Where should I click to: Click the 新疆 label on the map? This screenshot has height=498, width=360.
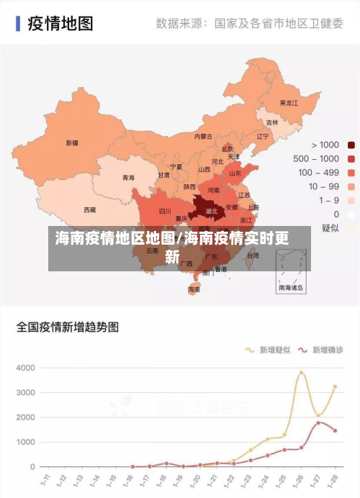[x=72, y=142]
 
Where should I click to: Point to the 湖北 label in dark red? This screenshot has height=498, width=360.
[x=212, y=212]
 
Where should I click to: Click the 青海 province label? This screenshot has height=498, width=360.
[x=128, y=177]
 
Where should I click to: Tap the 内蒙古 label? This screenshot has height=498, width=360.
[x=203, y=136]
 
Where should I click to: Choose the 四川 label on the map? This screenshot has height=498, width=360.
[x=164, y=212]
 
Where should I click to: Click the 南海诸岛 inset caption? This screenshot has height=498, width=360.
[x=292, y=287]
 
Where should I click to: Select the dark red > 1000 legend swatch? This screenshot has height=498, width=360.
[x=351, y=145]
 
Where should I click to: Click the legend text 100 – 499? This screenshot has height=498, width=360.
[x=318, y=172]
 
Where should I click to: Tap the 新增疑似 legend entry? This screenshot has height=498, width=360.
[x=270, y=350]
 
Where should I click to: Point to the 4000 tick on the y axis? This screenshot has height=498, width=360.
[x=26, y=368]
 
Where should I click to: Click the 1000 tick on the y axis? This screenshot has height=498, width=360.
[x=26, y=442]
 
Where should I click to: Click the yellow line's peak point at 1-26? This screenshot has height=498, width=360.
[x=302, y=372]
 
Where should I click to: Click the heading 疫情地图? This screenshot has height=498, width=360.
[x=60, y=24]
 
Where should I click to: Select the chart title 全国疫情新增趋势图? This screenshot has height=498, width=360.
[x=68, y=327]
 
